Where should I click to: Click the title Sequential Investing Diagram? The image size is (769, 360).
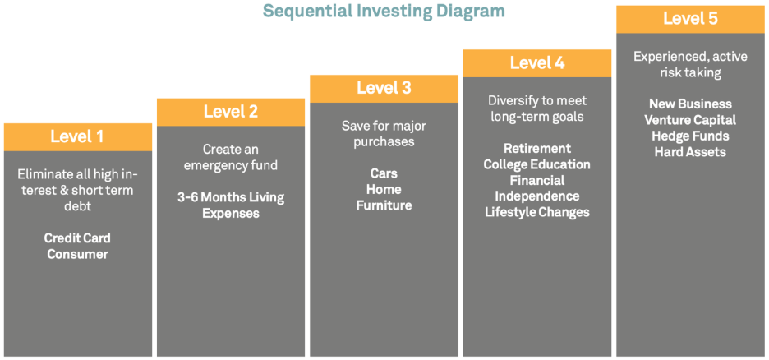(384, 11)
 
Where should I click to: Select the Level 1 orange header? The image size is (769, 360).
(78, 136)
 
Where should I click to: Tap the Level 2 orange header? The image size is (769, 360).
(231, 113)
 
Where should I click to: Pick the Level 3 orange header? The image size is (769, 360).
(384, 89)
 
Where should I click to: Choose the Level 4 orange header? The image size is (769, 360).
(537, 63)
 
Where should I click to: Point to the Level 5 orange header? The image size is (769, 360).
(690, 20)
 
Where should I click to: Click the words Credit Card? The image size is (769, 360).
(77, 238)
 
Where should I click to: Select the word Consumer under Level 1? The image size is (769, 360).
(77, 255)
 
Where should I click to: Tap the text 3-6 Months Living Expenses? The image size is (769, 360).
(231, 206)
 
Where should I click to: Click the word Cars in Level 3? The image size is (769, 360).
(384, 173)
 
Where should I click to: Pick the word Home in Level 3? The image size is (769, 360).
(384, 189)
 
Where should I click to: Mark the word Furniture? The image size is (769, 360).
(384, 205)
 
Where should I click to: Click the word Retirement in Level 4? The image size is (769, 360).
(537, 148)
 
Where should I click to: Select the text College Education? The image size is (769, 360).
(537, 164)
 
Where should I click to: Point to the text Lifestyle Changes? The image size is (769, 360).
(537, 212)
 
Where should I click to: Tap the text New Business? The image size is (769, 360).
(690, 104)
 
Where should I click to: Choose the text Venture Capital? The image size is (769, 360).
(690, 120)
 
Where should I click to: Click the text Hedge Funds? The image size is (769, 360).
(690, 136)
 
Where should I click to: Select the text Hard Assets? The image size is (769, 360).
(690, 152)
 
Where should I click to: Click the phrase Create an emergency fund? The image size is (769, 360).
(231, 158)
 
